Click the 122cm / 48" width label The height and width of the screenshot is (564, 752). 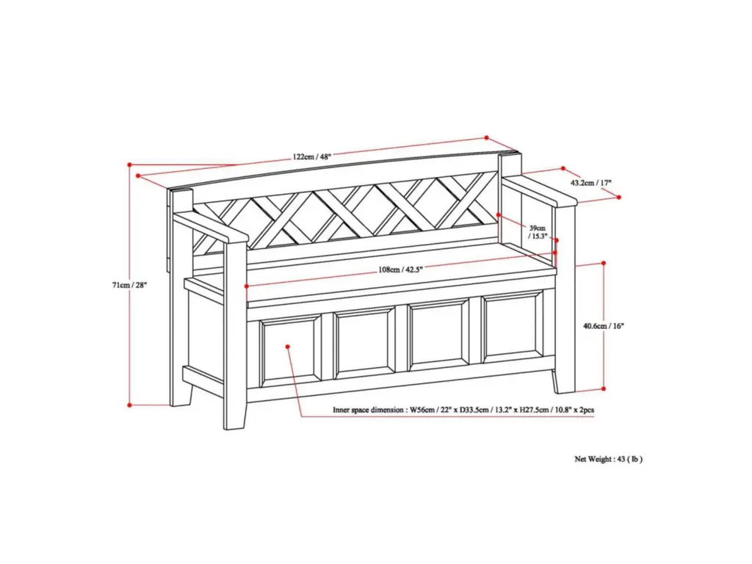coord(311,156)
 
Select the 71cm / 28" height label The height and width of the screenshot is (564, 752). coord(129,285)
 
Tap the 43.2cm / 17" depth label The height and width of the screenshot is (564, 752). coord(591,183)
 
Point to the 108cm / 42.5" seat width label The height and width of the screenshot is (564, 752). coord(400,270)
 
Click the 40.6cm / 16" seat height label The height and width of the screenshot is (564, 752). coord(604,326)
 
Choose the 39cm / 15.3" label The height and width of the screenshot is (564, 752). coord(537,232)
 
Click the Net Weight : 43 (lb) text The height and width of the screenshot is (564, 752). coord(608,459)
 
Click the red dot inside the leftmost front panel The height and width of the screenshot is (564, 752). coord(287,347)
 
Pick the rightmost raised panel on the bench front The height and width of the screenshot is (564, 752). coord(512,329)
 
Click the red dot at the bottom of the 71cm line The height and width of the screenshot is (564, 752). coord(129,405)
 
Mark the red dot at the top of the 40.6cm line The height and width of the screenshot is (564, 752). coord(604,263)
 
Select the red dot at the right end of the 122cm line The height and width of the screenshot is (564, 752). coord(486,137)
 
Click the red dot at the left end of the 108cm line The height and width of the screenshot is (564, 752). coord(247,286)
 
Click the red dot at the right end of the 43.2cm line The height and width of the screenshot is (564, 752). coord(618,197)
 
